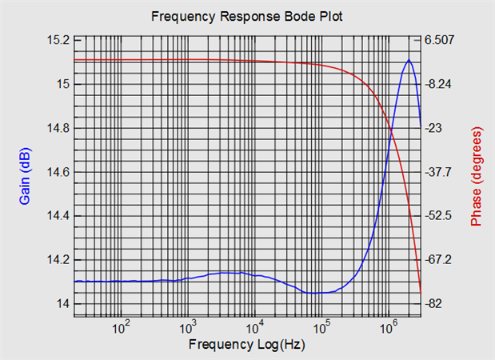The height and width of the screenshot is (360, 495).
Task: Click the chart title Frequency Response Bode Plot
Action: point(247,17)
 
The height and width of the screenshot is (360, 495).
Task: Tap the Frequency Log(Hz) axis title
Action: point(247,345)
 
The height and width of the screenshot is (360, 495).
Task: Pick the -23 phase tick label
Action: point(434,128)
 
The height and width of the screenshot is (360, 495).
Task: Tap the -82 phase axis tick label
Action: point(434,304)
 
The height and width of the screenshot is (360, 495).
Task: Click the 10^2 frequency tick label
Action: point(122,326)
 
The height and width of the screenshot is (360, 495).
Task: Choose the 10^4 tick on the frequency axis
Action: point(255,326)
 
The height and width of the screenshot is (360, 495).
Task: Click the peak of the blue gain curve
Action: point(409,60)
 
